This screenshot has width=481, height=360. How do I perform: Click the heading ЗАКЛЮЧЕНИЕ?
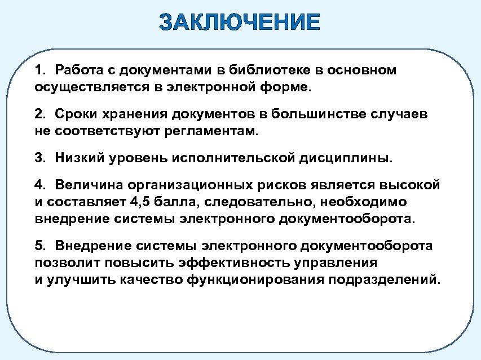point(240,23)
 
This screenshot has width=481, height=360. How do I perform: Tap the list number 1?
point(39,70)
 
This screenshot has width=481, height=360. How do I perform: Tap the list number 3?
point(39,158)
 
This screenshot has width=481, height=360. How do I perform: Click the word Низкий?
point(77,158)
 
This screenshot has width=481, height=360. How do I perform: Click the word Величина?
point(88,185)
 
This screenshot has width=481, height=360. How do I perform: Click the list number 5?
point(39,246)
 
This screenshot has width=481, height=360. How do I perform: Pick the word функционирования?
point(255,280)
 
